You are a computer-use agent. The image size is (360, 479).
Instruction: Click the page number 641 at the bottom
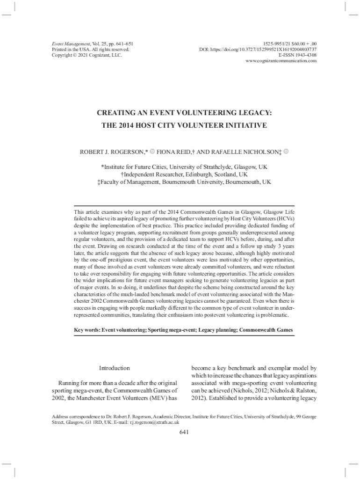pyautogui.click(x=184, y=432)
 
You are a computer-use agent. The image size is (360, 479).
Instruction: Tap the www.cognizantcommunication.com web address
pyautogui.click(x=281, y=61)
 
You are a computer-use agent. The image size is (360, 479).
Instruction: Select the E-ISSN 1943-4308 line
pyautogui.click(x=297, y=55)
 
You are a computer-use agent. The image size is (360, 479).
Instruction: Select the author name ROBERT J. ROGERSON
pyautogui.click(x=113, y=152)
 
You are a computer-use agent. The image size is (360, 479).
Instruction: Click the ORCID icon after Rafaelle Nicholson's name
pyautogui.click(x=286, y=151)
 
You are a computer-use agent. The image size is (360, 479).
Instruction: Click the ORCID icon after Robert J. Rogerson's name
pyautogui.click(x=152, y=151)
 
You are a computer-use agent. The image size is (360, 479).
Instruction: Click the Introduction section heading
pyautogui.click(x=114, y=368)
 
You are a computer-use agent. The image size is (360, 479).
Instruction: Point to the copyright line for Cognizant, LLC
pyautogui.click(x=86, y=55)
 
